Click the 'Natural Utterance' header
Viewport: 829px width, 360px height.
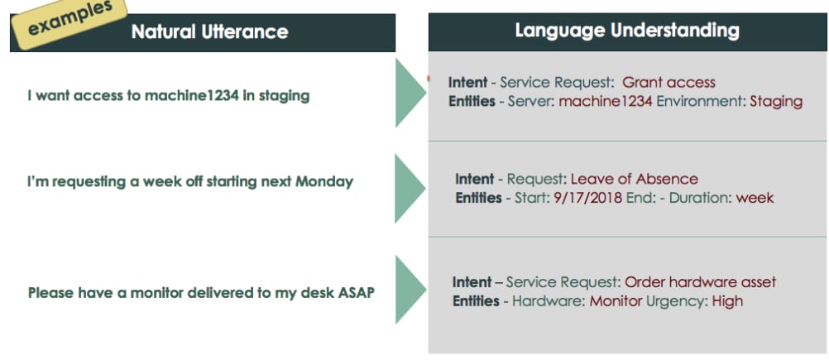pos(209,32)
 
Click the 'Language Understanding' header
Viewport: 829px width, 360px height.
pos(626,31)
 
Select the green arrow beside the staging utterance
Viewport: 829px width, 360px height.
pos(410,92)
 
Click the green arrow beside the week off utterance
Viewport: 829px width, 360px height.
pos(410,188)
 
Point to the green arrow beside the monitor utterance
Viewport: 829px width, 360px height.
pos(410,290)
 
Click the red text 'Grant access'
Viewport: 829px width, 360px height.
pos(668,83)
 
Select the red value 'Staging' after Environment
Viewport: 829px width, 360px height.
pos(775,102)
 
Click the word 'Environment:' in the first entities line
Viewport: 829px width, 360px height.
pos(701,102)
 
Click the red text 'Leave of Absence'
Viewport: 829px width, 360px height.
pos(634,180)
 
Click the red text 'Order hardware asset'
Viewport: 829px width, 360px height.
pos(700,282)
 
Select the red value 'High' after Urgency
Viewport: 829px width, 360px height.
pos(727,301)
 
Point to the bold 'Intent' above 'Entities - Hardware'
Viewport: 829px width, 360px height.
pos(473,282)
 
